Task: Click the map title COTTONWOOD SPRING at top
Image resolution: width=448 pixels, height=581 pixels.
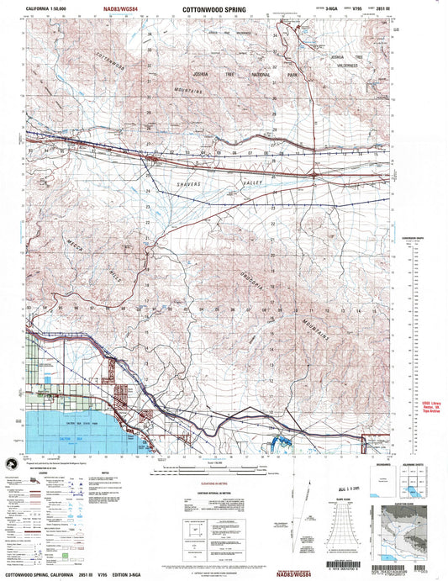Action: [x=213, y=14]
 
